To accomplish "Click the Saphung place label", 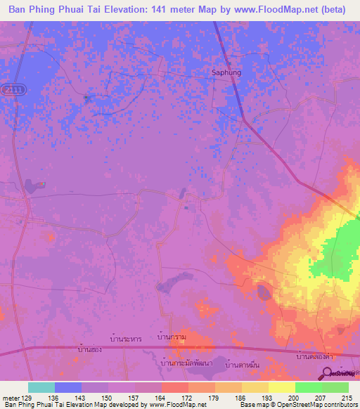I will [x=226, y=72].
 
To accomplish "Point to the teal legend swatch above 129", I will [x=41, y=387].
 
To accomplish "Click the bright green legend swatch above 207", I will [x=309, y=387].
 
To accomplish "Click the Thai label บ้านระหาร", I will [x=127, y=339].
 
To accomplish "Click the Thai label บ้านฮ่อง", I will [x=91, y=349].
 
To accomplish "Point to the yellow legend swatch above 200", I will [x=282, y=387].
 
